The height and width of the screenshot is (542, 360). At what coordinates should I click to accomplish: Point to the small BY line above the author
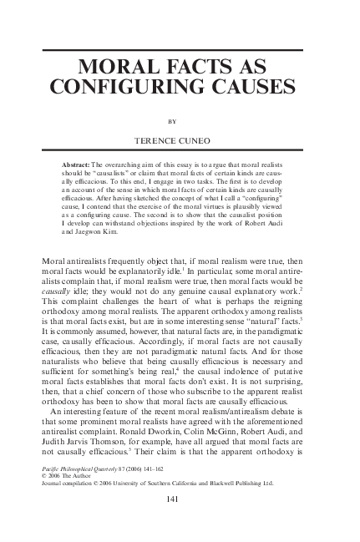180,119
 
